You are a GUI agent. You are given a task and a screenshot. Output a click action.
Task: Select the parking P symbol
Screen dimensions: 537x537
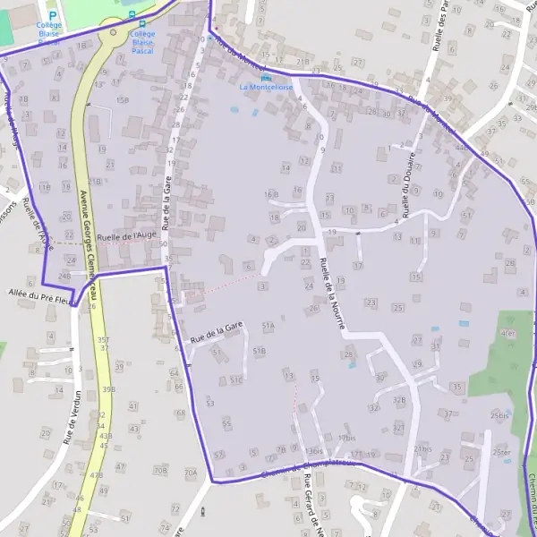click(53, 15)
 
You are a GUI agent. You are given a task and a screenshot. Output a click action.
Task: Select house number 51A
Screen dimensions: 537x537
click(268, 326)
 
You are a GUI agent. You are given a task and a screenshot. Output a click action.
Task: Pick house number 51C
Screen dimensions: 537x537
click(236, 379)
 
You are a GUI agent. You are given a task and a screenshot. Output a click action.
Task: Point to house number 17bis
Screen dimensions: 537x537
click(347, 437)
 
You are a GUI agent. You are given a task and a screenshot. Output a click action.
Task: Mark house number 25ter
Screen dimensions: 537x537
click(502, 452)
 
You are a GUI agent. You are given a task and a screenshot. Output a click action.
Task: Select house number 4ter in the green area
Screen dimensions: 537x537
click(508, 333)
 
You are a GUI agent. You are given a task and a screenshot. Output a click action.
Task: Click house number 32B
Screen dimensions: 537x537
click(399, 399)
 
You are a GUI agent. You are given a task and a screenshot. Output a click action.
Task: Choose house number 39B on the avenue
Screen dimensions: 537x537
click(108, 389)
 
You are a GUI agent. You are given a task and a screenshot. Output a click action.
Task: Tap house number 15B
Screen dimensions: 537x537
click(123, 99)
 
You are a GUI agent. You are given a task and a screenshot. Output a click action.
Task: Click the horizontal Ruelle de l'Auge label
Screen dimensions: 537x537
click(127, 235)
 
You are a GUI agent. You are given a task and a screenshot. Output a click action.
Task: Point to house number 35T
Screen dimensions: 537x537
click(104, 339)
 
